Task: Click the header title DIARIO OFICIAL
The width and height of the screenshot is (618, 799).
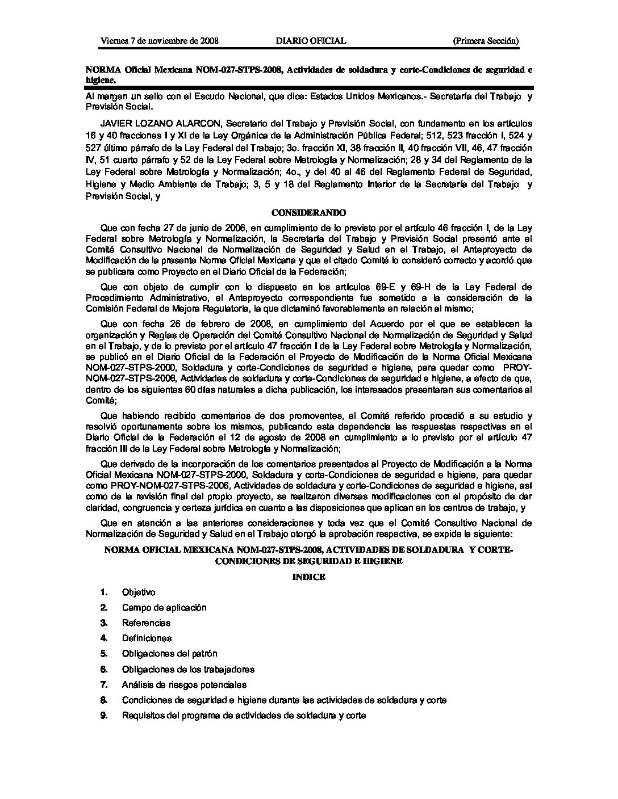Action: coord(310,41)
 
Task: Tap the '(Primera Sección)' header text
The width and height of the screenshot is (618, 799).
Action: coord(485,41)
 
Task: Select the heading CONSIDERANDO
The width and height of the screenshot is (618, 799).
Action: coord(308,213)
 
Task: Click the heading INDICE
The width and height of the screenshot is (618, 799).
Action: coord(308,577)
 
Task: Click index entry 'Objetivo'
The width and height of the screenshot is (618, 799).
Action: coord(139,592)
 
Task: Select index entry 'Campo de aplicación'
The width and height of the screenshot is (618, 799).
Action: coord(164,608)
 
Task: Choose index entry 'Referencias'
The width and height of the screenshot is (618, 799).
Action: coord(146,623)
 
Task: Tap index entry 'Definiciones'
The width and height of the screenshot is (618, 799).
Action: coord(147,638)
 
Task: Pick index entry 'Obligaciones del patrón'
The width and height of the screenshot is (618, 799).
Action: coord(169,654)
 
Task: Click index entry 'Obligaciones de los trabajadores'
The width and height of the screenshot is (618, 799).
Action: coord(188,670)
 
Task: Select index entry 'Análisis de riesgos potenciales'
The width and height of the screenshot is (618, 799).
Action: coord(184,685)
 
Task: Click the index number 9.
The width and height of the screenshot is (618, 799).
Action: coord(104,716)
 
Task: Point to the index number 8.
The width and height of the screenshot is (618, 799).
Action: coord(104,700)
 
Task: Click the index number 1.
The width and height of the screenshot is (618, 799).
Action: coord(104,592)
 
